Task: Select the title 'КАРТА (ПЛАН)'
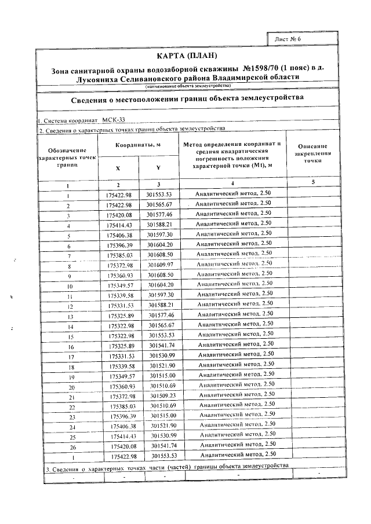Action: click(187, 56)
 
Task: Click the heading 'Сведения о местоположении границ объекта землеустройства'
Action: click(187, 98)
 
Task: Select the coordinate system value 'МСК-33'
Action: click(113, 120)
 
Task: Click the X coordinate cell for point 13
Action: click(121, 315)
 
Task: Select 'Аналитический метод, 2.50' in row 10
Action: click(235, 285)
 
